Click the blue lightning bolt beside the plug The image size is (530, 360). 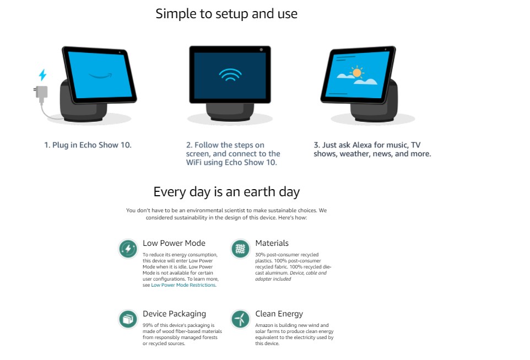(42, 75)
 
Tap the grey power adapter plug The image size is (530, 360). (41, 94)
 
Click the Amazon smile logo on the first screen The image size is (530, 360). (100, 76)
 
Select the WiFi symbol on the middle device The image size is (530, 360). (230, 75)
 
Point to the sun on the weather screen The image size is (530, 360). (356, 72)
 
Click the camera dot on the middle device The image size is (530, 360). (261, 50)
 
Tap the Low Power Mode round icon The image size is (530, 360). (128, 249)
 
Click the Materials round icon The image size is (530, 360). (240, 249)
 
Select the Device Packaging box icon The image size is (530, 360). (128, 319)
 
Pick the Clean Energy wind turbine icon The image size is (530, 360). (240, 319)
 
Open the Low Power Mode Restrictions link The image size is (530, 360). (183, 285)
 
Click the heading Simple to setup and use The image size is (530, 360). (226, 14)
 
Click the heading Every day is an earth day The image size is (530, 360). (226, 192)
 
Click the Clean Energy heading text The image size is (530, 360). (279, 314)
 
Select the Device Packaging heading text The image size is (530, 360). (175, 314)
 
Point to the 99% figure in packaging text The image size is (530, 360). (148, 325)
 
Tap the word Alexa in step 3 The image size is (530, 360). (362, 145)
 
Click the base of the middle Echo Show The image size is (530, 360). (230, 112)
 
